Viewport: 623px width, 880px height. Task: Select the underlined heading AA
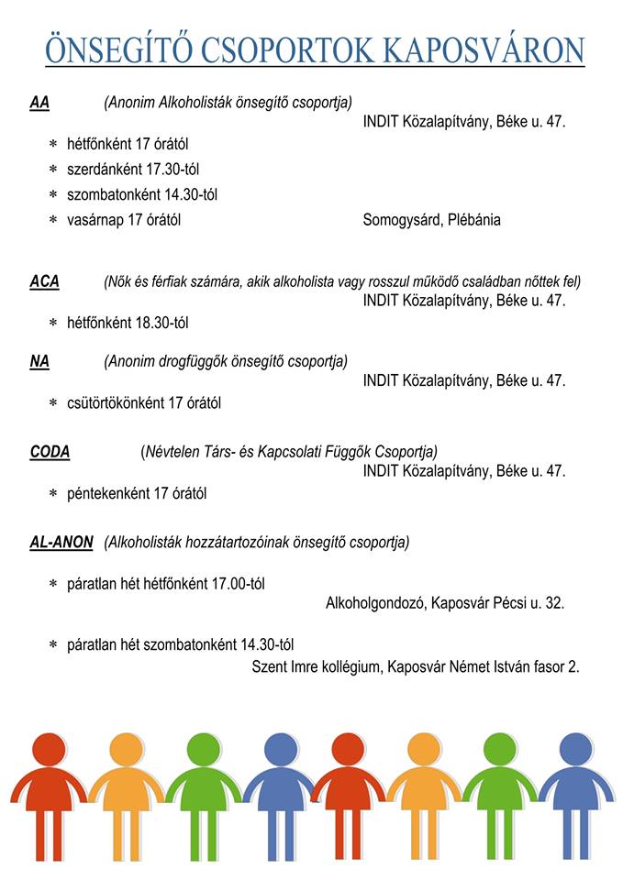39,103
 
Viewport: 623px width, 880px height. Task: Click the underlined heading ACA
44,281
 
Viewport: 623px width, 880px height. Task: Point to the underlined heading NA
39,361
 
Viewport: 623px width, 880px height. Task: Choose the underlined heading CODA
50,452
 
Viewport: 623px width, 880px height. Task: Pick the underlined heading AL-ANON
61,543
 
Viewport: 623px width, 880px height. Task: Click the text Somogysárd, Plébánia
431,220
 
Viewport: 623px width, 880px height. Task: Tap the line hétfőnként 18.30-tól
128,323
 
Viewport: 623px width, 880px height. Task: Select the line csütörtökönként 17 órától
144,402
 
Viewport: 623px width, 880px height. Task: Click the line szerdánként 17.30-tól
133,170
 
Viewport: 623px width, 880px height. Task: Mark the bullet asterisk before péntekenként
53,494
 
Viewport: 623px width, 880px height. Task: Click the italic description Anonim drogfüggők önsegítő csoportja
226,361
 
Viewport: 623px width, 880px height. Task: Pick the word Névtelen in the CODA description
173,452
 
